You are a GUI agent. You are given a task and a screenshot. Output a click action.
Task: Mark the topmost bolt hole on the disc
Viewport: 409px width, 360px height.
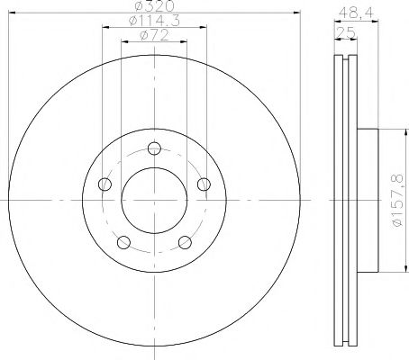[154, 148]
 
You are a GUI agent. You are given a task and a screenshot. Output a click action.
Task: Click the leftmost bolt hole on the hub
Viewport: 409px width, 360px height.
[105, 184]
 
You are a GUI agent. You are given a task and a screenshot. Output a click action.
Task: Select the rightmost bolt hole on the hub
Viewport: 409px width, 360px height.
[203, 184]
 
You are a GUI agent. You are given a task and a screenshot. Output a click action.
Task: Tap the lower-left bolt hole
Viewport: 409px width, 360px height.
[124, 241]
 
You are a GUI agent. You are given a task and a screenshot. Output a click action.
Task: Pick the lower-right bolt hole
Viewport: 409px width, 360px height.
[184, 241]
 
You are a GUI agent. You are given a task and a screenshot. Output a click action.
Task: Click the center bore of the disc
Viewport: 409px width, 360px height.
[154, 199]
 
